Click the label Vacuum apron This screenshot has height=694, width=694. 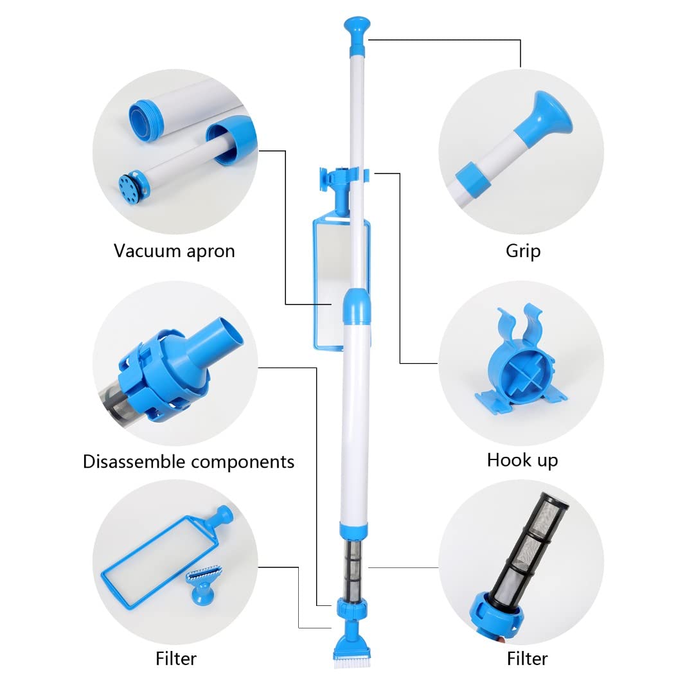coord(174,251)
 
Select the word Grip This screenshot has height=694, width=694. coord(522,251)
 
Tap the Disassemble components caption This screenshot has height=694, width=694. coord(188,461)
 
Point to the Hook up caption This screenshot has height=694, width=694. coord(522,460)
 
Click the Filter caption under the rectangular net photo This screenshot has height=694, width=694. coord(175,659)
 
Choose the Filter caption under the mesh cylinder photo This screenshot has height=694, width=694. coord(527,659)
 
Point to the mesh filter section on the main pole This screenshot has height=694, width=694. coord(351,569)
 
